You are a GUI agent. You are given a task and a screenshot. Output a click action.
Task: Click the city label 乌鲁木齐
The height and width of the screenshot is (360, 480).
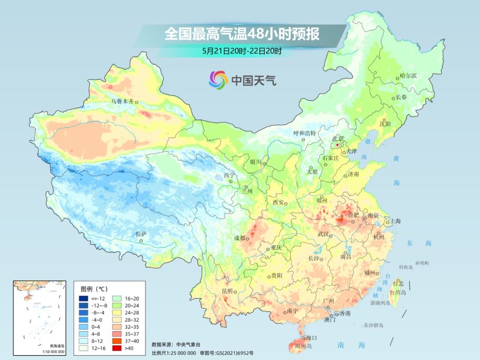click(122, 101)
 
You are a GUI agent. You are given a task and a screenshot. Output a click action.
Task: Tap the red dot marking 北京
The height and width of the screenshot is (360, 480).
click(337, 145)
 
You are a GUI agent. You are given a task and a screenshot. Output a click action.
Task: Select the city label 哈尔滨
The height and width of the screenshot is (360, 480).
click(408, 76)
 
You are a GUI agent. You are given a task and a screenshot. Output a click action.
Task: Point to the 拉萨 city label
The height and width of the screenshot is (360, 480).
click(141, 234)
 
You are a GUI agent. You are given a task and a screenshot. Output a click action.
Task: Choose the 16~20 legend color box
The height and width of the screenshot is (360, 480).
click(114, 298)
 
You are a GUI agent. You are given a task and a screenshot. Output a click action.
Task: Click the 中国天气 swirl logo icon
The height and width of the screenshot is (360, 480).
click(218, 80)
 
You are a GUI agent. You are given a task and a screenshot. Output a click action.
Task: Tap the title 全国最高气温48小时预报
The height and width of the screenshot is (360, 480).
click(242, 34)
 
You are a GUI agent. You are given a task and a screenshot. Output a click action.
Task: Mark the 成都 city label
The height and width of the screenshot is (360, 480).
click(240, 238)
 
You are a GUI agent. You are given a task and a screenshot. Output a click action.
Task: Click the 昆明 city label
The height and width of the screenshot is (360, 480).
click(227, 291)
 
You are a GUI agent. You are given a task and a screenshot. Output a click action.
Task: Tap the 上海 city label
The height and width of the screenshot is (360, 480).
click(395, 221)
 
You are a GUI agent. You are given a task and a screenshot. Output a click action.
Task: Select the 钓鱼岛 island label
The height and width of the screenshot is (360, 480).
click(406, 267)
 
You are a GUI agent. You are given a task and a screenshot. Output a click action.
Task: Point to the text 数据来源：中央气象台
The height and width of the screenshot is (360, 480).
click(176, 344)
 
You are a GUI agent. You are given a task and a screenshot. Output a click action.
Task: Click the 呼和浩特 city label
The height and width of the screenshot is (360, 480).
click(304, 133)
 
